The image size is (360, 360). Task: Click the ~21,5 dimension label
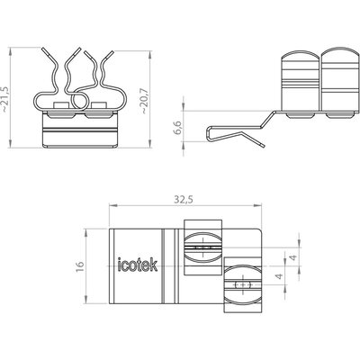click(6, 100)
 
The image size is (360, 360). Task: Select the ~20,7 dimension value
click(145, 101)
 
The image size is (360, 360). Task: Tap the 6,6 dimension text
click(178, 128)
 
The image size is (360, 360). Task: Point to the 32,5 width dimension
click(184, 200)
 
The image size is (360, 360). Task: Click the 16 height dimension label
click(80, 265)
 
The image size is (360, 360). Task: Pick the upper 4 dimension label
click(293, 257)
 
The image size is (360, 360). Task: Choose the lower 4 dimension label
click(279, 276)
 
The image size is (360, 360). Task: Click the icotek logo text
click(138, 265)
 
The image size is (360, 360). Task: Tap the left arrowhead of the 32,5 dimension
click(112, 205)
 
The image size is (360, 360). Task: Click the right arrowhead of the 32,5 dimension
click(257, 205)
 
